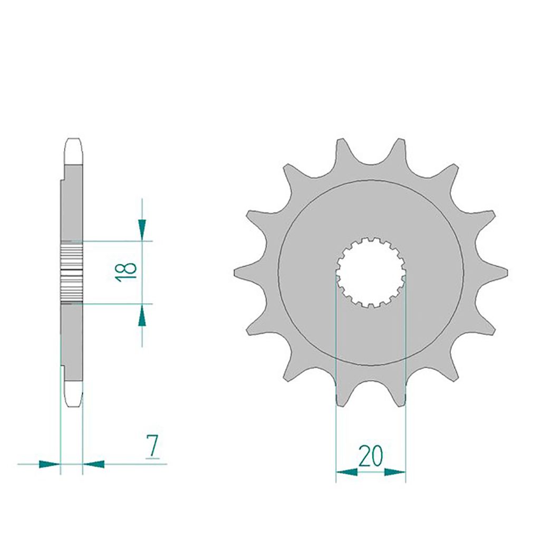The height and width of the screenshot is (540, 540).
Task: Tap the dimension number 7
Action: pyautogui.click(x=152, y=446)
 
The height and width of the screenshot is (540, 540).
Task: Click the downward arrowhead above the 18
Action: pyautogui.click(x=142, y=228)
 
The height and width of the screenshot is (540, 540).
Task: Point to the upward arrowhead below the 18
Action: pyautogui.click(x=142, y=316)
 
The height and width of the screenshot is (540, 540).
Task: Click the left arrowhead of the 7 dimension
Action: pyautogui.click(x=50, y=464)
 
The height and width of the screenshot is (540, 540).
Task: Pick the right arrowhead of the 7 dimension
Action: pyautogui.click(x=94, y=464)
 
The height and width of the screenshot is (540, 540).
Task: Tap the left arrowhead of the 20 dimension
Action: pyautogui.click(x=346, y=472)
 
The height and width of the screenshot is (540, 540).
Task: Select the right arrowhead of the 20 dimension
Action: pyautogui.click(x=394, y=472)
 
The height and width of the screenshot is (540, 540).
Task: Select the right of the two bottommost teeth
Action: pyautogui.click(x=399, y=397)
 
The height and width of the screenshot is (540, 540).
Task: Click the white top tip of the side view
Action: pyautogui.click(x=73, y=151)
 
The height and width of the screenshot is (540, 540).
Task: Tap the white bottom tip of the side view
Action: pyautogui.click(x=73, y=393)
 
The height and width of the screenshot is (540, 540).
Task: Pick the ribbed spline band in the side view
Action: pyautogui.click(x=72, y=272)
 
